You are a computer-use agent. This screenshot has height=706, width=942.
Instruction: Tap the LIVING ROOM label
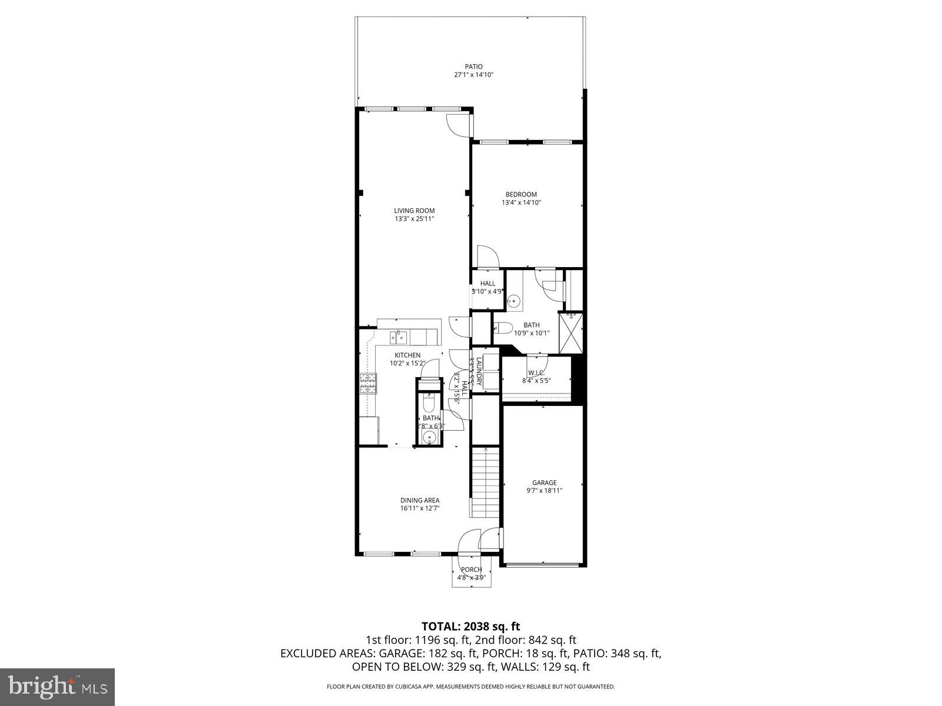[x=414, y=211]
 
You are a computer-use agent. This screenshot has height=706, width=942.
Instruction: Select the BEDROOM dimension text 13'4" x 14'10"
[x=521, y=202]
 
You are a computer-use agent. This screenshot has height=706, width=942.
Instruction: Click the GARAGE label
[x=545, y=482]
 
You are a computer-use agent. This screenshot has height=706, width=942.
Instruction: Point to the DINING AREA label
[x=420, y=501]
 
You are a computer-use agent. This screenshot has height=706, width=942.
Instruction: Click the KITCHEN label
[x=407, y=355]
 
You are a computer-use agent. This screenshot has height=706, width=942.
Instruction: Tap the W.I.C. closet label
[x=536, y=373]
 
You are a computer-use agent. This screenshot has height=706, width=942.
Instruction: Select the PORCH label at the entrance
[x=471, y=570]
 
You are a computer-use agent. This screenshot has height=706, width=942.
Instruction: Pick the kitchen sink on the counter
[x=398, y=337]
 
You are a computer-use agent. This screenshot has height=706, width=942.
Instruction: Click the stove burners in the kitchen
[x=368, y=384]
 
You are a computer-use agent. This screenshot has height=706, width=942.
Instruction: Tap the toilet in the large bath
[x=504, y=328]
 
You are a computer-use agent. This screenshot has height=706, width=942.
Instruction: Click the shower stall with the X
[x=570, y=332]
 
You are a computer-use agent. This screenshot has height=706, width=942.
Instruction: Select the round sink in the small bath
[x=430, y=437]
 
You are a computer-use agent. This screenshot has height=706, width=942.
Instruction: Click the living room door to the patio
[x=457, y=125]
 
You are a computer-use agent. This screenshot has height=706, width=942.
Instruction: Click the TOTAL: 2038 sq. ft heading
[x=470, y=626]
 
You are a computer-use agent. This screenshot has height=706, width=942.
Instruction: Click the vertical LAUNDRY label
[x=479, y=372]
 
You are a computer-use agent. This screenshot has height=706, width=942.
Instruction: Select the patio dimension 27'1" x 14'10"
[x=473, y=75]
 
